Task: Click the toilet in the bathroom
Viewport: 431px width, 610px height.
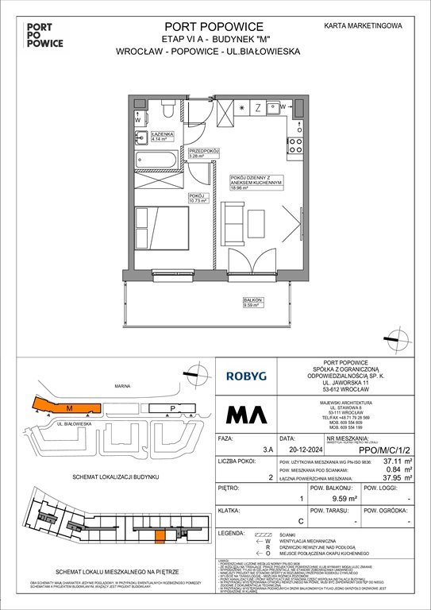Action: pyautogui.click(x=167, y=107)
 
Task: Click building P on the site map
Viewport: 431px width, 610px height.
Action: pyautogui.click(x=173, y=409)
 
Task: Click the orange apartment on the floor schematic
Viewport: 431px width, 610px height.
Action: pyautogui.click(x=160, y=538)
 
